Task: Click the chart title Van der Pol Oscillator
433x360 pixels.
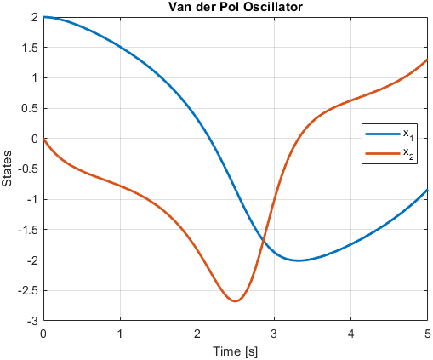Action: point(236,7)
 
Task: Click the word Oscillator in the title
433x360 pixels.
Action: point(273,7)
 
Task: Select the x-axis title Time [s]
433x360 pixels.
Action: point(236,351)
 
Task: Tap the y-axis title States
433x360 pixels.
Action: point(7,169)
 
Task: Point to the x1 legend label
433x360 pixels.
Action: point(408,134)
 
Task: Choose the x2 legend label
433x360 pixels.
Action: point(408,154)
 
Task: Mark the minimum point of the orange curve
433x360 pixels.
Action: point(236,301)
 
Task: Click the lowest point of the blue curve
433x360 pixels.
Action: point(299,260)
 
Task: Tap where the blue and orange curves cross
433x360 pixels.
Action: point(263,242)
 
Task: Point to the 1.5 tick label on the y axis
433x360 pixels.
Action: point(30,48)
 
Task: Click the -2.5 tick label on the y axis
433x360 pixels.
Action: point(28,291)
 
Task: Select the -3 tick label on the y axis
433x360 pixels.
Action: point(33,322)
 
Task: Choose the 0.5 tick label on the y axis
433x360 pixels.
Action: point(30,109)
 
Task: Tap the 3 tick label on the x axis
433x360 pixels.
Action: point(274,334)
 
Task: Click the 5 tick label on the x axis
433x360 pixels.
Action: point(428,334)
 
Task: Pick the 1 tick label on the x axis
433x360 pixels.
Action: point(120,334)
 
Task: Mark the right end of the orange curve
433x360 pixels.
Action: point(427,60)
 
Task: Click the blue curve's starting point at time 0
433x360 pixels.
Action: point(44,17)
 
